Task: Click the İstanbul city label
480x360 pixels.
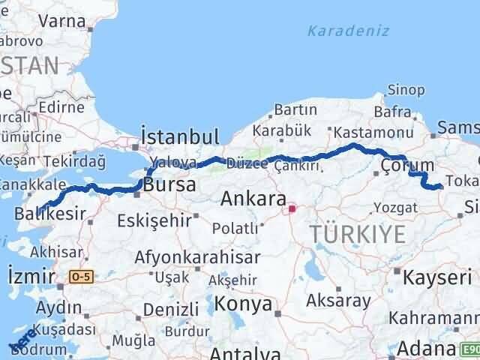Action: (180, 136)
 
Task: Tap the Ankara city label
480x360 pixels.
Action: (253, 199)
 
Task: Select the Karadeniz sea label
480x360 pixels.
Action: (337, 31)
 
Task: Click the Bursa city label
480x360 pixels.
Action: (170, 184)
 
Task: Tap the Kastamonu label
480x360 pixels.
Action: (364, 131)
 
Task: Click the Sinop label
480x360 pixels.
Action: (406, 90)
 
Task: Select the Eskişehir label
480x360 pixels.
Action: (154, 221)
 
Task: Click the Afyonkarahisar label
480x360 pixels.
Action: (197, 256)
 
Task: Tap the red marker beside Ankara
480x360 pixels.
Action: (292, 210)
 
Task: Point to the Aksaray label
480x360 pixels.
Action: (338, 301)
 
